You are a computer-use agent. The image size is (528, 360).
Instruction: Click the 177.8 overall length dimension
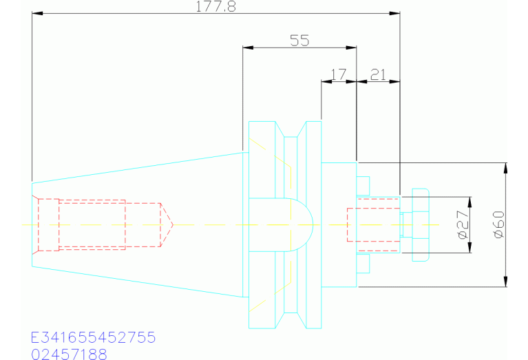(x=216, y=7)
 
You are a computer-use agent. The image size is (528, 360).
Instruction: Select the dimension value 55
(x=299, y=41)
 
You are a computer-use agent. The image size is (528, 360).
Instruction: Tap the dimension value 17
(x=338, y=74)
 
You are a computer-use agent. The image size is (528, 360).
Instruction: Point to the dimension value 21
(x=378, y=74)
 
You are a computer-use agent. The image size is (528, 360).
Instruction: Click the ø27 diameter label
(x=463, y=224)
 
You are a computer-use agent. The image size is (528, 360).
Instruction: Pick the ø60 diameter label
(x=498, y=224)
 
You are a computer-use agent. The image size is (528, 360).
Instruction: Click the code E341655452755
(x=93, y=337)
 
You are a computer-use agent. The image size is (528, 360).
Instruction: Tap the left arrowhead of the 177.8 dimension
(x=37, y=13)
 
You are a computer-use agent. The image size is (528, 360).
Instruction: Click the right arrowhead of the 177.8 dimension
(x=394, y=13)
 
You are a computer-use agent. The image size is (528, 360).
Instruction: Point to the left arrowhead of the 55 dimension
(x=249, y=47)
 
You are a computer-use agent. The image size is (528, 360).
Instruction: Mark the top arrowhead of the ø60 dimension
(x=505, y=168)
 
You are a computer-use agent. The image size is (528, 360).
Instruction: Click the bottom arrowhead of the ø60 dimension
(x=505, y=282)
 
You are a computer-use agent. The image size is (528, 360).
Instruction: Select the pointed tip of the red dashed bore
(x=173, y=224)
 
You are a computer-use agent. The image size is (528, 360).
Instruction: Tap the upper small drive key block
(x=363, y=186)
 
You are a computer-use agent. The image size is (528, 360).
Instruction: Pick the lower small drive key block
(x=363, y=264)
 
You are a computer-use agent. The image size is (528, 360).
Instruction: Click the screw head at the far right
(x=421, y=224)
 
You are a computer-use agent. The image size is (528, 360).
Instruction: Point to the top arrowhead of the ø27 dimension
(x=470, y=202)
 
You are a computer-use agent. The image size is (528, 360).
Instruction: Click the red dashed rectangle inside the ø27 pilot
(x=374, y=224)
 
